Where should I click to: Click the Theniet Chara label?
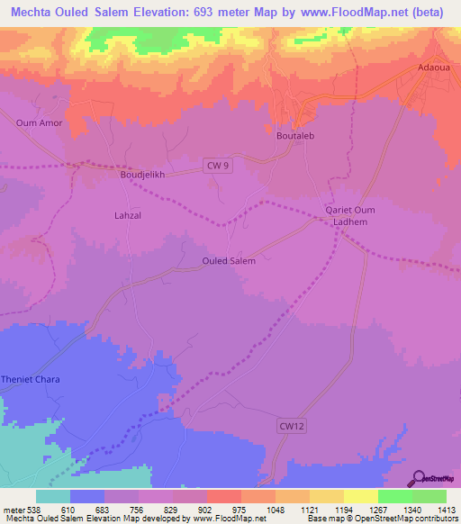coord(30,379)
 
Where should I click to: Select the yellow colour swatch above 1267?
coord(360,496)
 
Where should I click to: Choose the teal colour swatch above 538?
coord(52,496)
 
